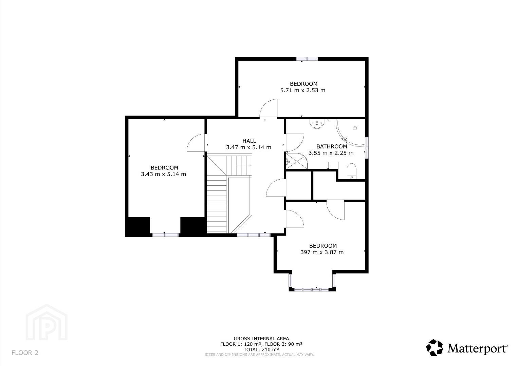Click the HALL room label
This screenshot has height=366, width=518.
click(x=249, y=141)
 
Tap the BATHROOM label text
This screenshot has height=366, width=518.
click(x=332, y=146)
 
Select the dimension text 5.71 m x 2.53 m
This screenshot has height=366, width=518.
click(x=303, y=90)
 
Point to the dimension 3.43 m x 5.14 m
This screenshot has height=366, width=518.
click(x=164, y=174)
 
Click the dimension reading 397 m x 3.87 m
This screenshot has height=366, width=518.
click(x=322, y=252)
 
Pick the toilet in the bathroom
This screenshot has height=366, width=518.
click(x=352, y=171)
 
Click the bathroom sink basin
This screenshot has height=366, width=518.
click(x=317, y=124)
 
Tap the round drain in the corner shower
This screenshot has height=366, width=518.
click(x=355, y=128)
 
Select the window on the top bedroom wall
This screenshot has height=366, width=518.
click(x=307, y=59)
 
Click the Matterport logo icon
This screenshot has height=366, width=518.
click(x=434, y=347)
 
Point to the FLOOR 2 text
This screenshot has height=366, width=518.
click(x=25, y=352)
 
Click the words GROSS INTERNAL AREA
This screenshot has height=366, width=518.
click(x=261, y=339)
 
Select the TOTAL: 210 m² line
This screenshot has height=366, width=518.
click(x=261, y=350)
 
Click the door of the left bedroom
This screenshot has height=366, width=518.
click(x=196, y=143)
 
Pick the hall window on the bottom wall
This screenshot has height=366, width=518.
click(x=254, y=235)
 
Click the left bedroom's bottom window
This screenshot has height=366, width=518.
click(x=165, y=235)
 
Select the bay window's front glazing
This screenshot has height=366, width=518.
click(x=311, y=289)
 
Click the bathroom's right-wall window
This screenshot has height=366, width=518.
click(x=367, y=148)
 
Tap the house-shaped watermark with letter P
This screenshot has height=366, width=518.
click(x=47, y=322)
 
